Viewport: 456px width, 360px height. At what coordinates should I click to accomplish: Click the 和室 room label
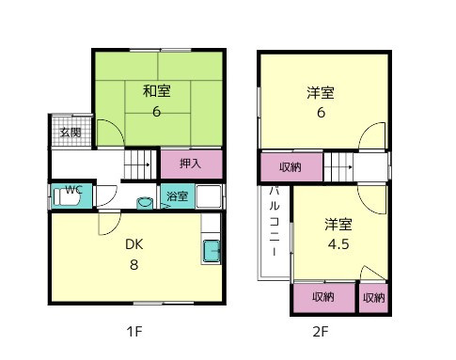coord(157,91)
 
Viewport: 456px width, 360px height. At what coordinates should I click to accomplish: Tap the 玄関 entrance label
coord(71,133)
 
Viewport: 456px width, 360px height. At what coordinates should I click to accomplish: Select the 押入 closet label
coord(191,164)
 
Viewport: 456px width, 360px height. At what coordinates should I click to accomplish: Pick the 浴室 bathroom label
coord(178,196)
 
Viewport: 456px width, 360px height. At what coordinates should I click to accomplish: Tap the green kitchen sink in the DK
coord(212,252)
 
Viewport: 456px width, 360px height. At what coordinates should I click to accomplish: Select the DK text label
coord(134,243)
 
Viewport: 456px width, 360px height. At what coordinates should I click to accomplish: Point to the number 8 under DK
coord(134,264)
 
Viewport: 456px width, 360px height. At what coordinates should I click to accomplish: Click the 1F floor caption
coord(135,331)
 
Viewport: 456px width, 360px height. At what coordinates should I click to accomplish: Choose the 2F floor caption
coord(321,331)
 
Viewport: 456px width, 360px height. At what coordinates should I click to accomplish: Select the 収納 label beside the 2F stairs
coord(291,167)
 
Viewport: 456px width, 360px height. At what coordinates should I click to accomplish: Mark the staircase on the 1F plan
coord(138,165)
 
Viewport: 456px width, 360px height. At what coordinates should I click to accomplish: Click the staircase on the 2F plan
coord(338,168)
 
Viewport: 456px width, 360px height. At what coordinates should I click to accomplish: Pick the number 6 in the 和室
coord(157,112)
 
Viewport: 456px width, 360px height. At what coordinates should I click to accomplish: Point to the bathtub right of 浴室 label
coord(208,196)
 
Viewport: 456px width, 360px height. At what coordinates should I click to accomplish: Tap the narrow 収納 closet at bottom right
coord(373,297)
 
